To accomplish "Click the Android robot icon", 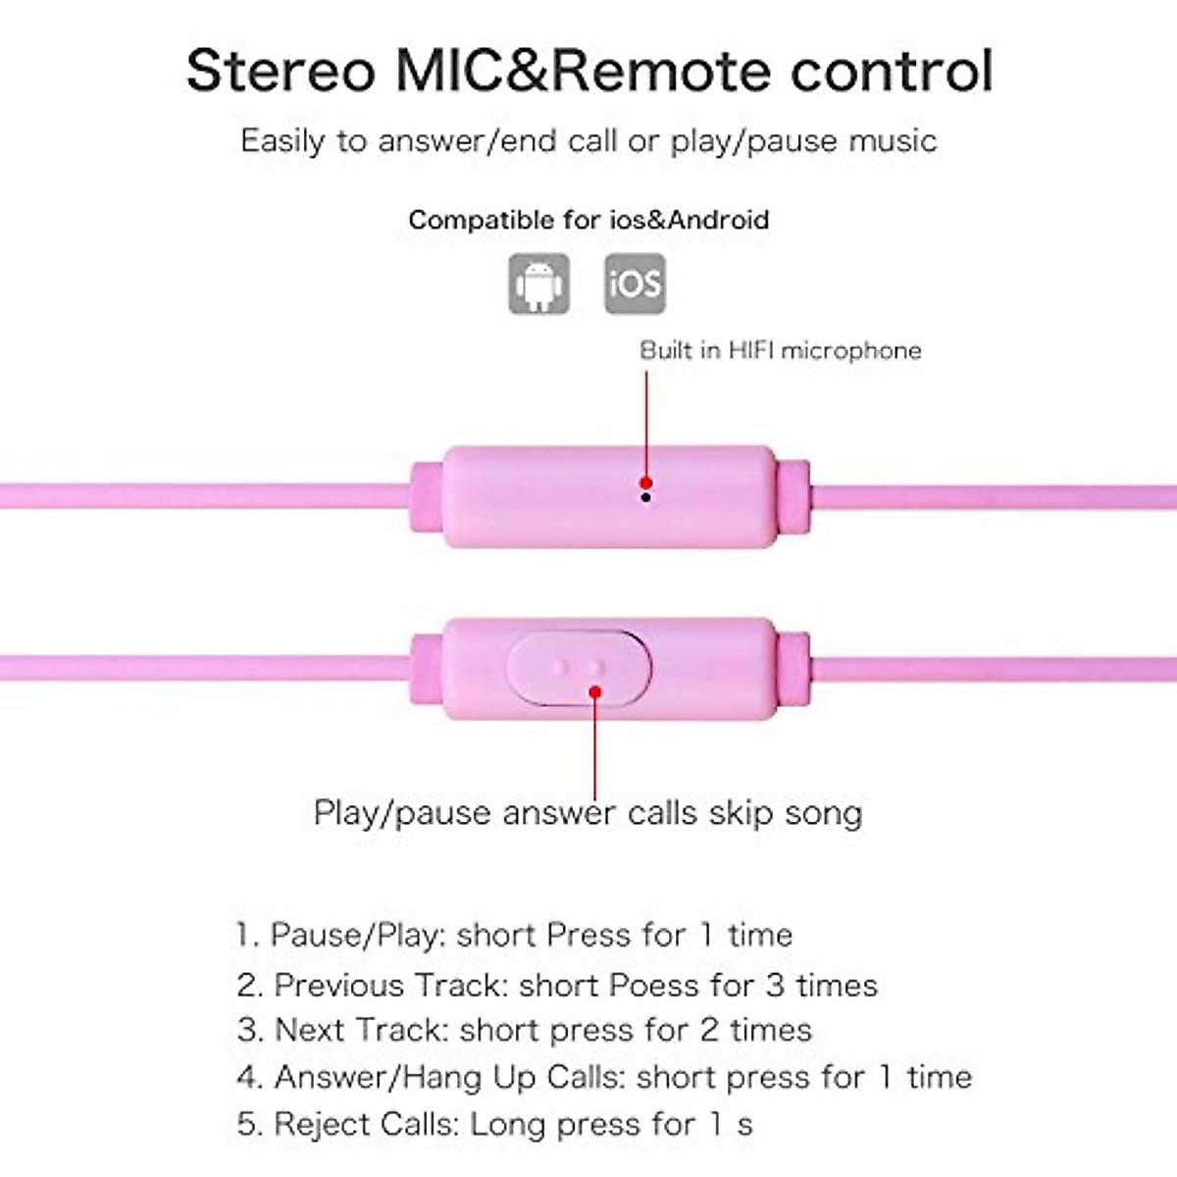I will pos(538,283).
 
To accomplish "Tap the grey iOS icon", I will pos(635,283).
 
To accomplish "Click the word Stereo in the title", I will pos(281,71).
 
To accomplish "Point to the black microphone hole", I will pos(645,497).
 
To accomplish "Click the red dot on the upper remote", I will pos(646,482).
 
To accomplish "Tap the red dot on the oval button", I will pos(595,692).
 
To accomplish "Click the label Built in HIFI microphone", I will pos(780,350).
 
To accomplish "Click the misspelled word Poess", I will pos(655,985).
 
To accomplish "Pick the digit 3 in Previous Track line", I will pos(775,985).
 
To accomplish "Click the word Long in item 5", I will pos(508,1124).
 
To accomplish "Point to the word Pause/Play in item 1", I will pos(355,935).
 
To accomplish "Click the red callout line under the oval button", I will pos(595,750).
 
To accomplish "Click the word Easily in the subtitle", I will pos(282,141).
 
